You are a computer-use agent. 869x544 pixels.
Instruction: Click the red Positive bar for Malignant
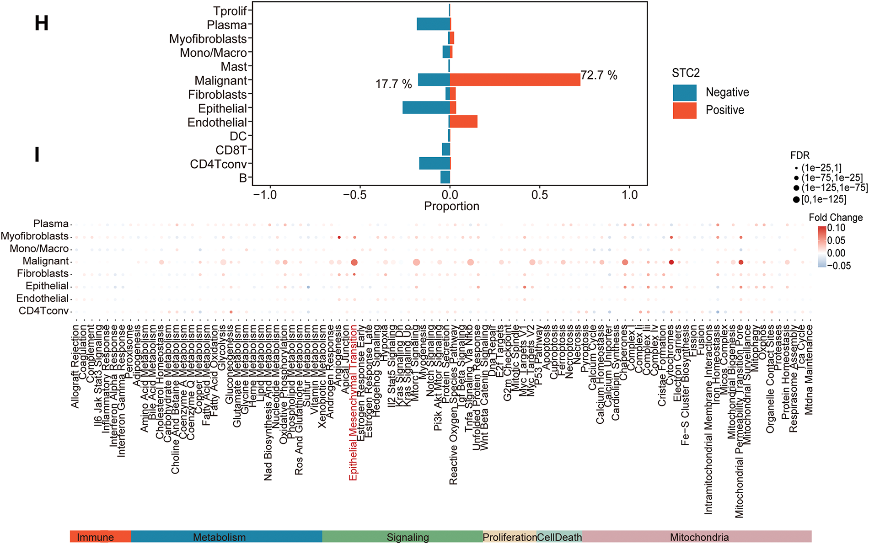[515, 80]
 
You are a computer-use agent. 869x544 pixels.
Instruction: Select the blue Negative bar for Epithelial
[426, 108]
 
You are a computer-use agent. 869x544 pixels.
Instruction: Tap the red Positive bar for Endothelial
[463, 122]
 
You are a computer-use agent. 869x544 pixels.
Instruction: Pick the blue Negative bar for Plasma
[433, 24]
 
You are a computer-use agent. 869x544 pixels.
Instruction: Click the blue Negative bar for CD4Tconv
[434, 163]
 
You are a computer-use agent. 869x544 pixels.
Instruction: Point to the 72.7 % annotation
[599, 75]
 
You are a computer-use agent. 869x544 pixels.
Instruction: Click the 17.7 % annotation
[393, 84]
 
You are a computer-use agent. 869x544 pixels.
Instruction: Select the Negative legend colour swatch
[684, 92]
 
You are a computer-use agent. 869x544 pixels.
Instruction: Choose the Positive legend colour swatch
[684, 110]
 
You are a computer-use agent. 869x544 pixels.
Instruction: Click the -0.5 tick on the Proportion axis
[355, 195]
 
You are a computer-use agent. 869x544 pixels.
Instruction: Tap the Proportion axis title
[451, 206]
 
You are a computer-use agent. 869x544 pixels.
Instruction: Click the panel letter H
[41, 23]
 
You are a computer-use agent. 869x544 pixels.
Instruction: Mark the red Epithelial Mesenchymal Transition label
[353, 402]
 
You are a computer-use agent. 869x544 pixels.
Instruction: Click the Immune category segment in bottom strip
[96, 537]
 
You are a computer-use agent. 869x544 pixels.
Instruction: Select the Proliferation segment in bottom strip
[510, 537]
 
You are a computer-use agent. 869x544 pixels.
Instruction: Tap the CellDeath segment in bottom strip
[559, 537]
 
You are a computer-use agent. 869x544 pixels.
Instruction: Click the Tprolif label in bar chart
[230, 11]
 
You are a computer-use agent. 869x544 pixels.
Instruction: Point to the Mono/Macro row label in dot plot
[39, 249]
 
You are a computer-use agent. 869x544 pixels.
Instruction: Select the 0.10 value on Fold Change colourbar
[837, 228]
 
